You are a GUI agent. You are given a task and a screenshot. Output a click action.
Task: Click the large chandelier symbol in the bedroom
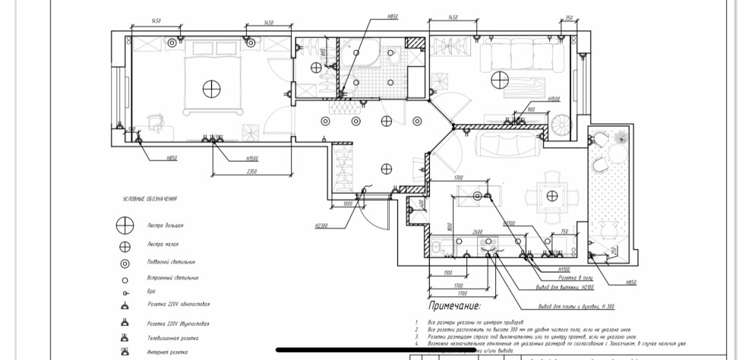(210, 88)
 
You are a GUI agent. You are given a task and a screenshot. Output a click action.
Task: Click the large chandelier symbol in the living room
(499, 78)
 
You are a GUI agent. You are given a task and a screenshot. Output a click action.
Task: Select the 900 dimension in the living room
(531, 110)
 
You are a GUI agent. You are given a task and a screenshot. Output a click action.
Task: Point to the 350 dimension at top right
(569, 17)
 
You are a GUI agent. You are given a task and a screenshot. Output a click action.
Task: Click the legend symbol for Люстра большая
(121, 225)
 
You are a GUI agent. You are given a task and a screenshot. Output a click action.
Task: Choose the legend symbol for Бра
(121, 292)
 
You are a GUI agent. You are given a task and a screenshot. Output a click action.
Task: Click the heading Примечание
(455, 306)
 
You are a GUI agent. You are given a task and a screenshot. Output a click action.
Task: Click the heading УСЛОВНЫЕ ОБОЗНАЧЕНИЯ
(150, 199)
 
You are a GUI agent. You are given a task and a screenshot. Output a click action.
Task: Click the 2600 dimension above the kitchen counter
(477, 232)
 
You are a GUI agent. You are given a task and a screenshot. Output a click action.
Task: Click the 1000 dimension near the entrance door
(348, 204)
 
